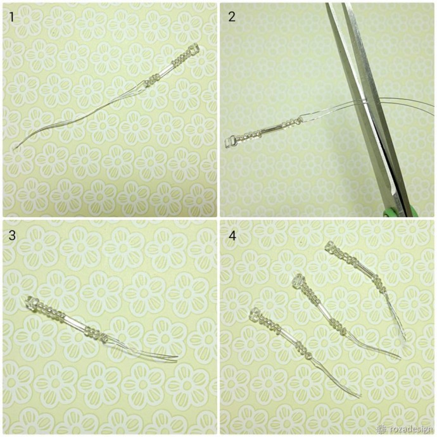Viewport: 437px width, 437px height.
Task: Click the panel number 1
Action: click(11, 17)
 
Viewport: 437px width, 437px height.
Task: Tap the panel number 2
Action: click(232, 17)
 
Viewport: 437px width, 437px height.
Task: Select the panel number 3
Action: click(12, 236)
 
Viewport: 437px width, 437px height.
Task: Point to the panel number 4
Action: click(232, 236)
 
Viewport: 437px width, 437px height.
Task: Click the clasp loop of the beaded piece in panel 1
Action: click(194, 49)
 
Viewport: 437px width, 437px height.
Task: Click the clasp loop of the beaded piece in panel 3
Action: click(32, 302)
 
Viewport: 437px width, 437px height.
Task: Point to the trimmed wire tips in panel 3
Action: click(175, 359)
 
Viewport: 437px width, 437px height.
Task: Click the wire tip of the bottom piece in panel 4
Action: click(359, 396)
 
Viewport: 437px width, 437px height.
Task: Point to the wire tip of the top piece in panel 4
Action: click(404, 339)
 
